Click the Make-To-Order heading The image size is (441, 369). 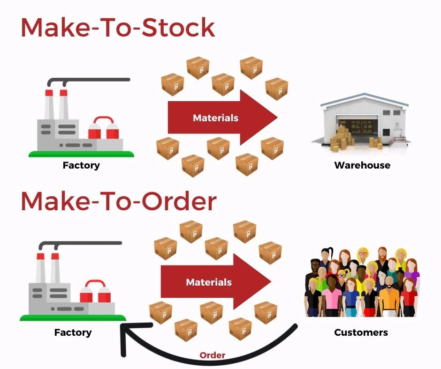coord(118,201)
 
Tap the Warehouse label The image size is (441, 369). coord(362,165)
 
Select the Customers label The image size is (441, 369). coord(361,332)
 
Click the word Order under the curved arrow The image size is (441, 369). coord(212,355)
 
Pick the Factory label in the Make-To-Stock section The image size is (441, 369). coord(81,165)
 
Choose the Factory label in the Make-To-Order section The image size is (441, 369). coord(73,332)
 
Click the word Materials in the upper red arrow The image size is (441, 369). coord(215,118)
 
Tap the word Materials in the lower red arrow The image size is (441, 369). coord(209,282)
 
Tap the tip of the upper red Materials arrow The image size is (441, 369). coord(277,118)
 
